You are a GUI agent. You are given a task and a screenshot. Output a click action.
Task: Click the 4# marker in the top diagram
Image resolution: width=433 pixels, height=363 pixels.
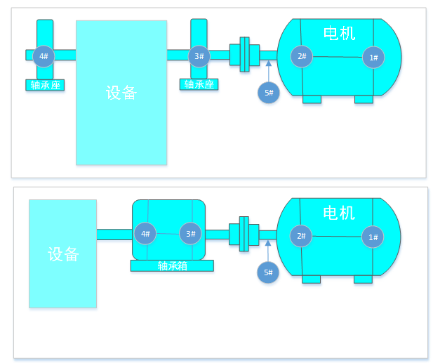(x=44, y=56)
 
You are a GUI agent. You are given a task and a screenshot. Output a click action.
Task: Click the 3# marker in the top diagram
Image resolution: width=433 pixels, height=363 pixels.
(x=199, y=56)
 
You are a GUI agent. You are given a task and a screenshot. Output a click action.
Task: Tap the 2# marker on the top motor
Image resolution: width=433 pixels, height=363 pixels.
(x=302, y=56)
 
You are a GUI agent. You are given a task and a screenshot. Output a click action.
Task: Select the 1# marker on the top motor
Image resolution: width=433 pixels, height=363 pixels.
(x=373, y=58)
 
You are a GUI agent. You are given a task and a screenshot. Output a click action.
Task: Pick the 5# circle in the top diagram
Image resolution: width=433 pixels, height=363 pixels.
(x=269, y=93)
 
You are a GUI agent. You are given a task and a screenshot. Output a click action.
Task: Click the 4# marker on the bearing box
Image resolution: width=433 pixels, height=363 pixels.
(x=146, y=234)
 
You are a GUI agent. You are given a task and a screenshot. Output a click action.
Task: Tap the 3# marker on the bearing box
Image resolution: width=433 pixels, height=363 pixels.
(x=190, y=234)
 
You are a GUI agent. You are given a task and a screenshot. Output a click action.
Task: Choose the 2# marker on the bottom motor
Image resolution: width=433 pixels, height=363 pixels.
(x=301, y=236)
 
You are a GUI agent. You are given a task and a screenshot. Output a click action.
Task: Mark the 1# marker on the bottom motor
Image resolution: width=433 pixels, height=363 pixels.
(x=373, y=237)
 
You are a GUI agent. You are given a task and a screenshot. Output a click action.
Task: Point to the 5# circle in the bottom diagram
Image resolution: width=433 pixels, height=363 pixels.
(x=268, y=272)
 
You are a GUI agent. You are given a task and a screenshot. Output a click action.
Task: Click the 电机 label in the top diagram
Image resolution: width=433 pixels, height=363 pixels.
(x=339, y=33)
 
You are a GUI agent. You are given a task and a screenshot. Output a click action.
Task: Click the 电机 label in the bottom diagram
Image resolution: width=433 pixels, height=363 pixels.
(x=338, y=213)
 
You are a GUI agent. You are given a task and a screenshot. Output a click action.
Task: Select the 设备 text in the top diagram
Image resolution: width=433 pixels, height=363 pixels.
(x=121, y=93)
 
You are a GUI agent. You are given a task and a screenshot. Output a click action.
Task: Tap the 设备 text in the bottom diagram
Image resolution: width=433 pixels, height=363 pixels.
(x=63, y=254)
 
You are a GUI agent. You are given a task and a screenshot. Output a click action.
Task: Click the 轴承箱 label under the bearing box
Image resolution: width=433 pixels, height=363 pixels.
(x=172, y=266)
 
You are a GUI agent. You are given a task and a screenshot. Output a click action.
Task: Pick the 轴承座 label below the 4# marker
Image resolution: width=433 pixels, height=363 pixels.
(x=46, y=85)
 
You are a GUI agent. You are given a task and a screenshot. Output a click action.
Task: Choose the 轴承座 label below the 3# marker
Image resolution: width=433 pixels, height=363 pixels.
(x=199, y=84)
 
